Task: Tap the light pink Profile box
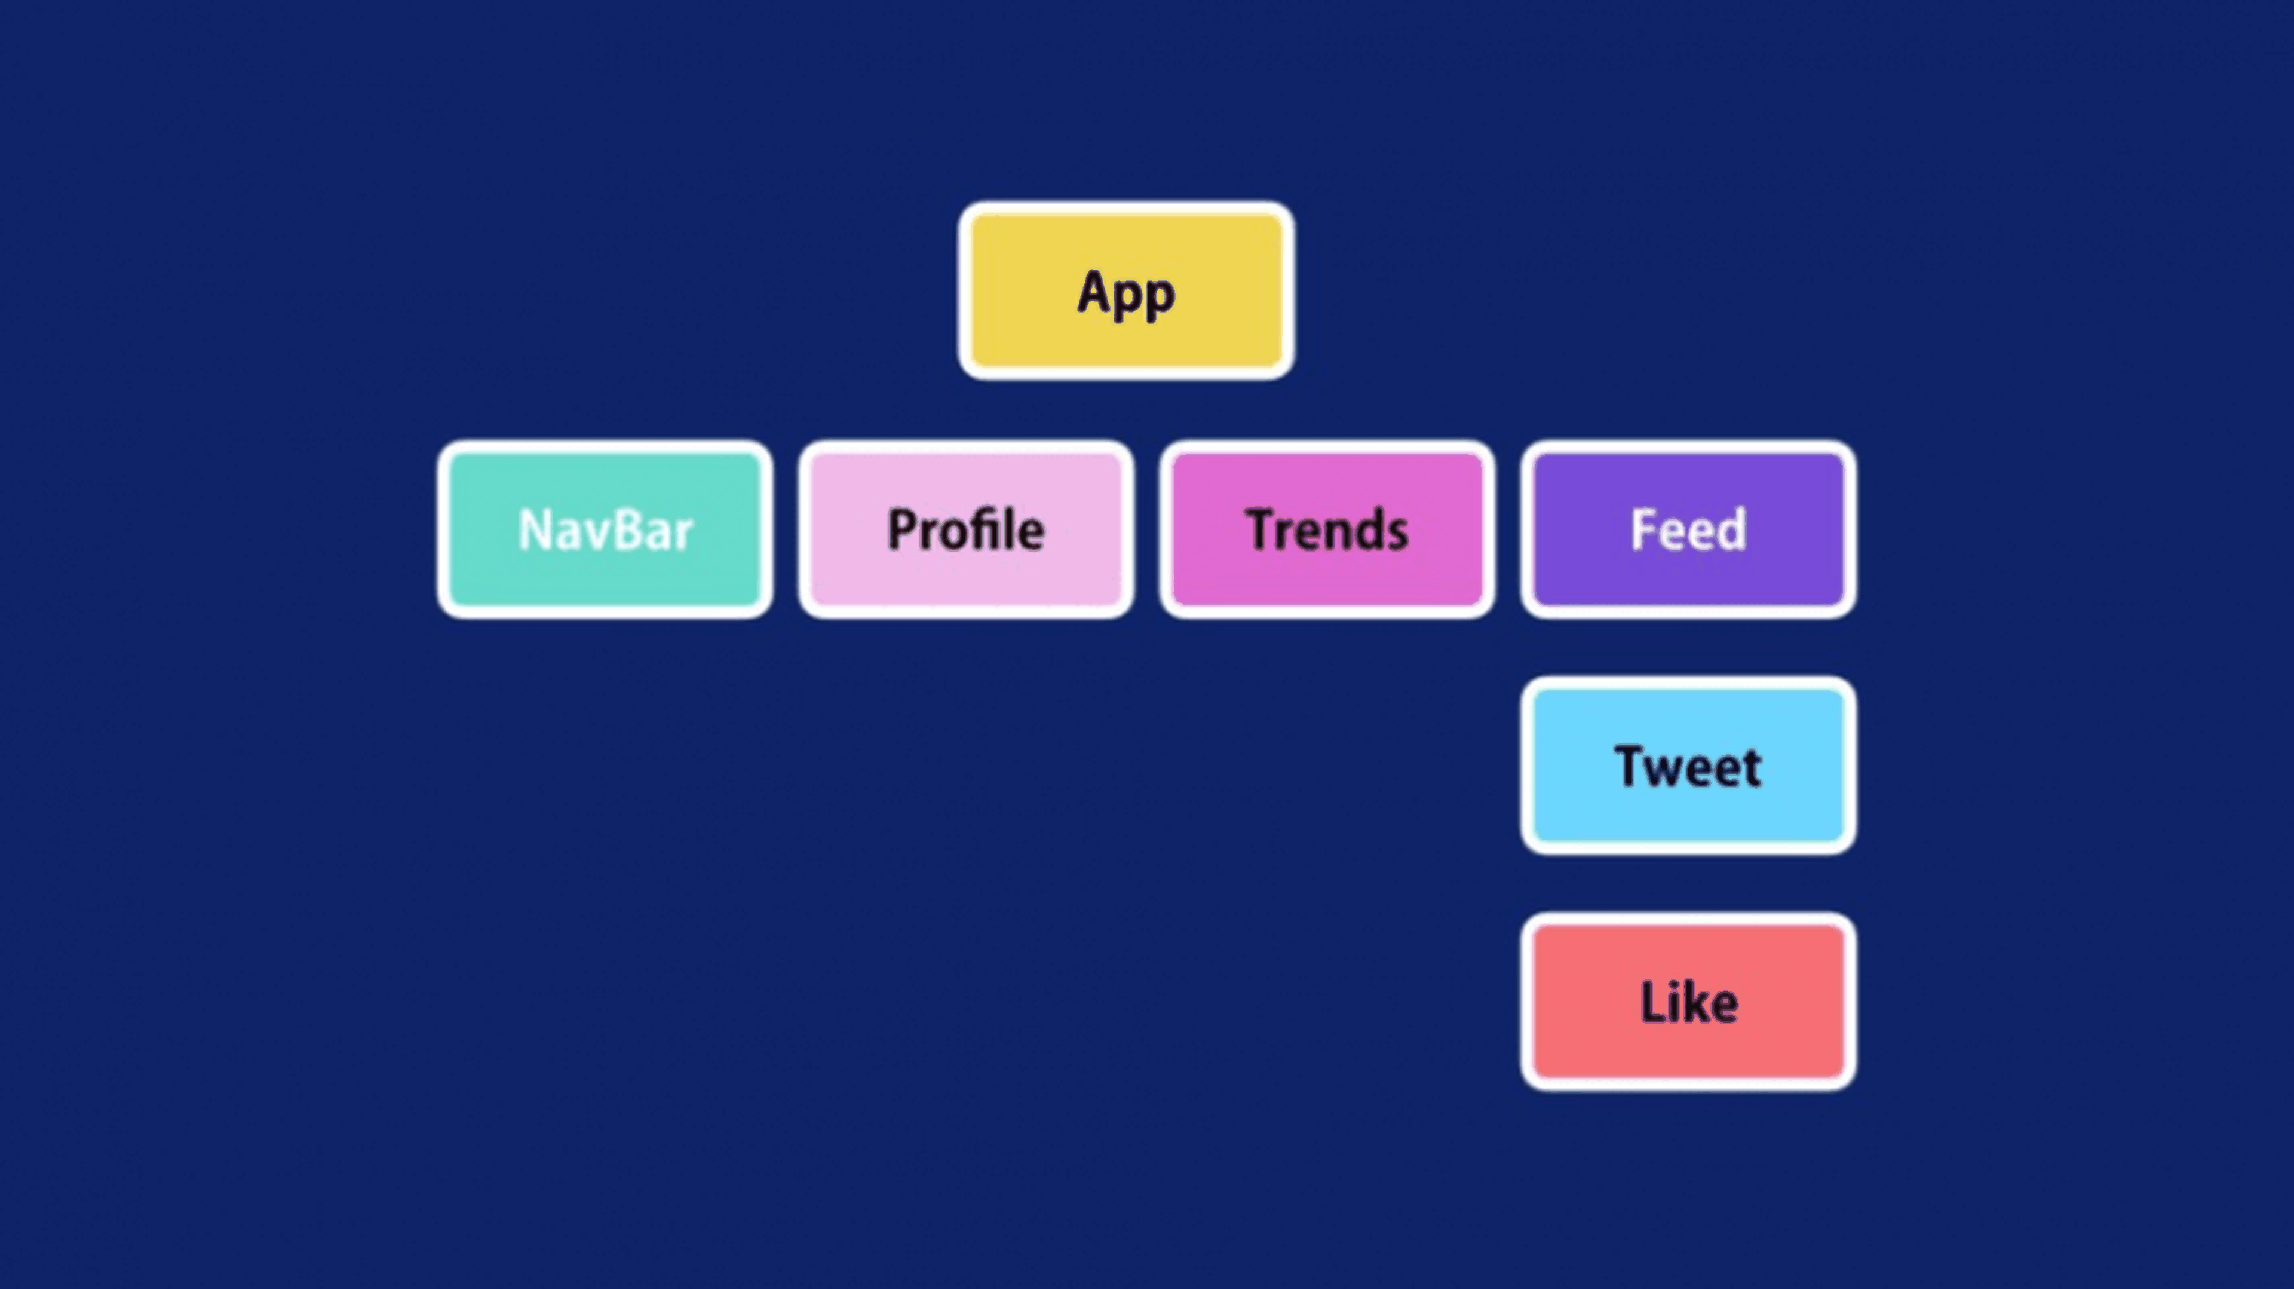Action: coord(966,529)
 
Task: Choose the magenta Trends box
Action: coord(1327,529)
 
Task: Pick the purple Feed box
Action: coord(1688,529)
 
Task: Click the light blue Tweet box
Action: coord(1688,765)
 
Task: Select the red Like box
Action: coord(1688,1002)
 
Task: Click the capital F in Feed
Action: coord(1644,530)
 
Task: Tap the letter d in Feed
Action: coord(1731,528)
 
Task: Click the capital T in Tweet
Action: coord(1630,766)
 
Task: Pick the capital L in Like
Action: coord(1654,1003)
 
